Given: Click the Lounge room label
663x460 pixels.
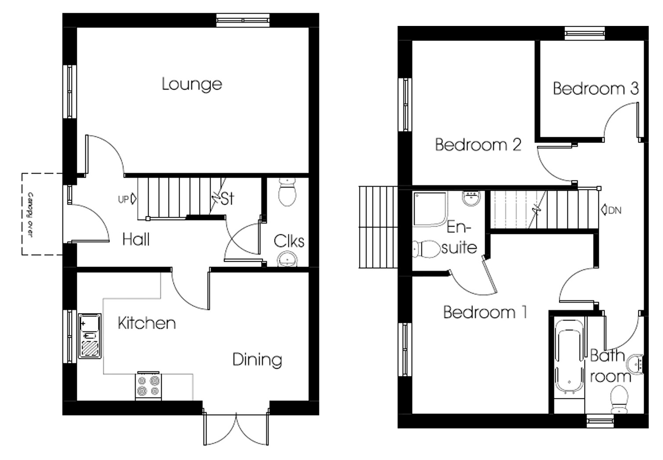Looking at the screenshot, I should coord(192,84).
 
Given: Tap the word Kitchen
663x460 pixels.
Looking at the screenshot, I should coord(147,323).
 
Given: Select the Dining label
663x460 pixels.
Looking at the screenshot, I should coord(257,360).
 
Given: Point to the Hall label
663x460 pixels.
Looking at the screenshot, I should coord(136,240).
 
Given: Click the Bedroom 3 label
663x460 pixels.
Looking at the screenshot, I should coord(595,88).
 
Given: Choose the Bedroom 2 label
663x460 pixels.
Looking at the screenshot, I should coord(478,144).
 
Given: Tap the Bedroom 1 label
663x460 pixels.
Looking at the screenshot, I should coord(485,312).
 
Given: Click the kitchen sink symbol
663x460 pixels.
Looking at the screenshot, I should coord(90,336).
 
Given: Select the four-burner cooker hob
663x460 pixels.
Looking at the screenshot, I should coord(149,386).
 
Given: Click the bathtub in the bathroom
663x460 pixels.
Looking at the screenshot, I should coord(569,356).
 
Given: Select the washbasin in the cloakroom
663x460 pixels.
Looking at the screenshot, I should coord(287,259).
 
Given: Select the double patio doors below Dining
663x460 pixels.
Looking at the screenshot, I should coord(236,429).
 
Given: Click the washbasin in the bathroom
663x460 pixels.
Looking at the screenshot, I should coord(635,364).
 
